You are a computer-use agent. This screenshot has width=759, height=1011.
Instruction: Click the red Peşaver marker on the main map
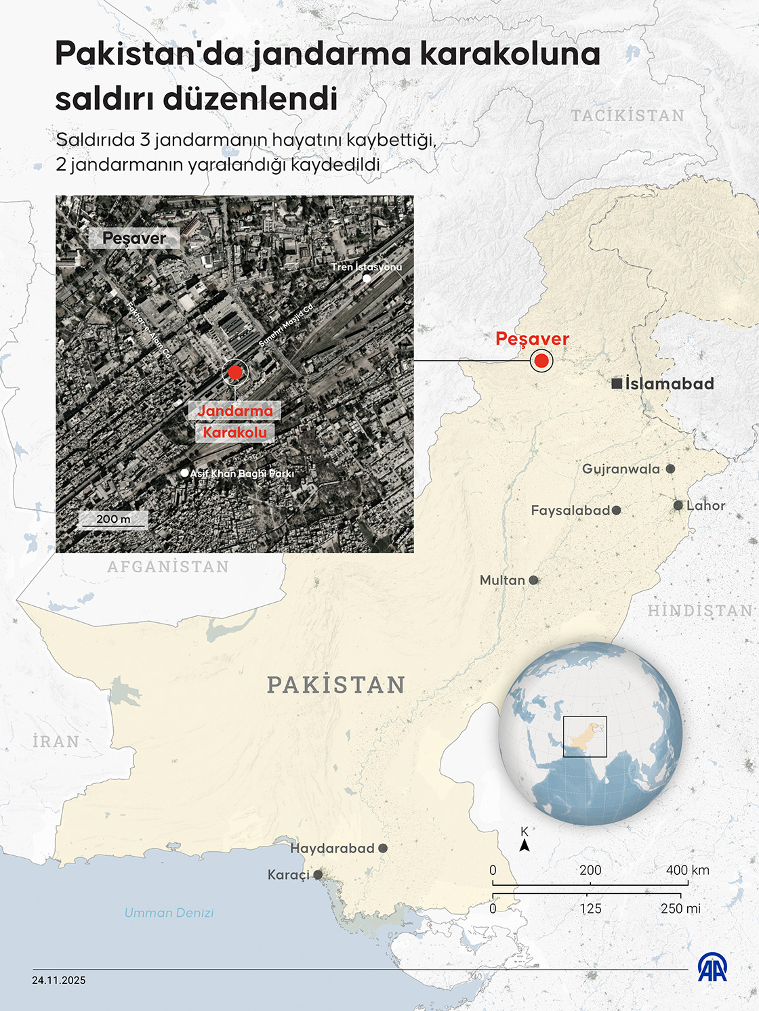tap(541, 361)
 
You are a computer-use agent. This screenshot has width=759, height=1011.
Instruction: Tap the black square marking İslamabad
tap(617, 384)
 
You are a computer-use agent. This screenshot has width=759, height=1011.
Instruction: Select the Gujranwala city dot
tap(670, 469)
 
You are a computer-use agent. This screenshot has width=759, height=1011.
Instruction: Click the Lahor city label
tap(705, 506)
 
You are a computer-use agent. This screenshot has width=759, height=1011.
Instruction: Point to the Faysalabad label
tap(570, 511)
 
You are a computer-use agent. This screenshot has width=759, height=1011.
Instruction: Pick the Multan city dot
tap(533, 580)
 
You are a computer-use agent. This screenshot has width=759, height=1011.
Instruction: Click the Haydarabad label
tap(332, 848)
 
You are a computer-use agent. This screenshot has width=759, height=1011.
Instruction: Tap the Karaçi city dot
tap(318, 875)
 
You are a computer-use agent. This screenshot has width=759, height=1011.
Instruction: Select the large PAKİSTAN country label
tap(336, 685)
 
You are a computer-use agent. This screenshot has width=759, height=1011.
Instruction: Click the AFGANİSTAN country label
tap(168, 567)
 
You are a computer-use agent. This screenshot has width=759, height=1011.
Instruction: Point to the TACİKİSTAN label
tap(628, 116)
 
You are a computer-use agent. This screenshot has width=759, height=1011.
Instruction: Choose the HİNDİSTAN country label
tap(700, 611)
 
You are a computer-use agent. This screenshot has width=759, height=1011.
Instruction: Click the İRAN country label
tap(56, 742)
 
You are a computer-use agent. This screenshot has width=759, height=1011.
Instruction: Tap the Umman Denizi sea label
tap(169, 913)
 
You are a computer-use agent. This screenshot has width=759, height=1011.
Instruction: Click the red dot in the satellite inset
tap(234, 372)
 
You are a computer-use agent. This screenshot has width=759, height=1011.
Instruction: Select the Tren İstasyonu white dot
tap(367, 278)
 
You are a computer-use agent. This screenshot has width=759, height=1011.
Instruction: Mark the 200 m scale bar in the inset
tap(113, 520)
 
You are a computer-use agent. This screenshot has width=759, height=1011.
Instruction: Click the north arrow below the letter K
tap(525, 845)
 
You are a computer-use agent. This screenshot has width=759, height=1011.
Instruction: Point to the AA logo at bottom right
tap(712, 968)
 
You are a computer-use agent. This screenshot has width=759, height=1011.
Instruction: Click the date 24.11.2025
tap(59, 981)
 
